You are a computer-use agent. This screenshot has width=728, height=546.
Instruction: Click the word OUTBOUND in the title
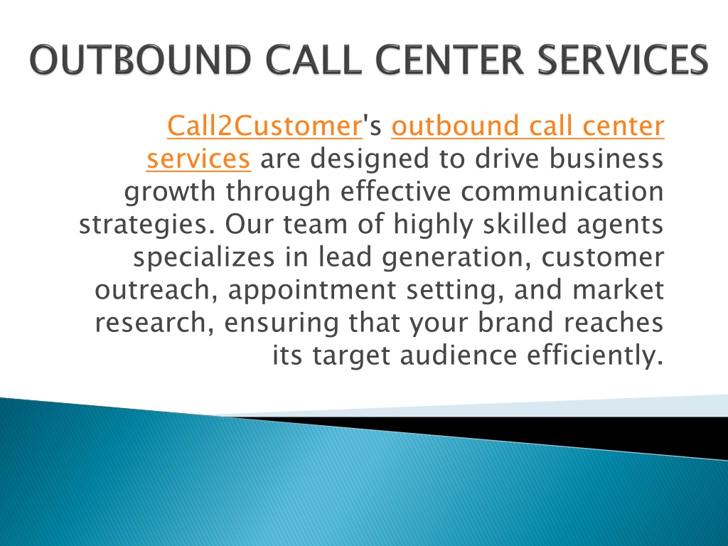click(x=141, y=60)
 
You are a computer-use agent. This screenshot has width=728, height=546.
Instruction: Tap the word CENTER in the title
click(x=449, y=60)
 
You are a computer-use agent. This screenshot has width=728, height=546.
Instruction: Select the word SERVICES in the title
click(x=623, y=60)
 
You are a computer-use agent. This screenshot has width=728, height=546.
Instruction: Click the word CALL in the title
click(x=314, y=60)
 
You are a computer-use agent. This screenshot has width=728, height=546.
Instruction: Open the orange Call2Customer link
click(x=264, y=126)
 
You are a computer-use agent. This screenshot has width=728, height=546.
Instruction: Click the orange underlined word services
click(x=199, y=159)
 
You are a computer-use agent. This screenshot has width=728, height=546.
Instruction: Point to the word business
click(x=606, y=159)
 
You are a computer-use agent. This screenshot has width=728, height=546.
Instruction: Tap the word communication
click(x=562, y=191)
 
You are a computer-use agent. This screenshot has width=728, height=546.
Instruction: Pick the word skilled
click(x=525, y=223)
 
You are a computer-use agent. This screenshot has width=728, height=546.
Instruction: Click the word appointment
click(x=312, y=291)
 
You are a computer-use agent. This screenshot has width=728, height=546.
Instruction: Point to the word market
click(x=618, y=289)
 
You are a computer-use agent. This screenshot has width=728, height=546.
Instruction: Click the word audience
click(x=459, y=355)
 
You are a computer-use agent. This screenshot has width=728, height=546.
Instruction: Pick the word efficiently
click(x=595, y=355)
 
